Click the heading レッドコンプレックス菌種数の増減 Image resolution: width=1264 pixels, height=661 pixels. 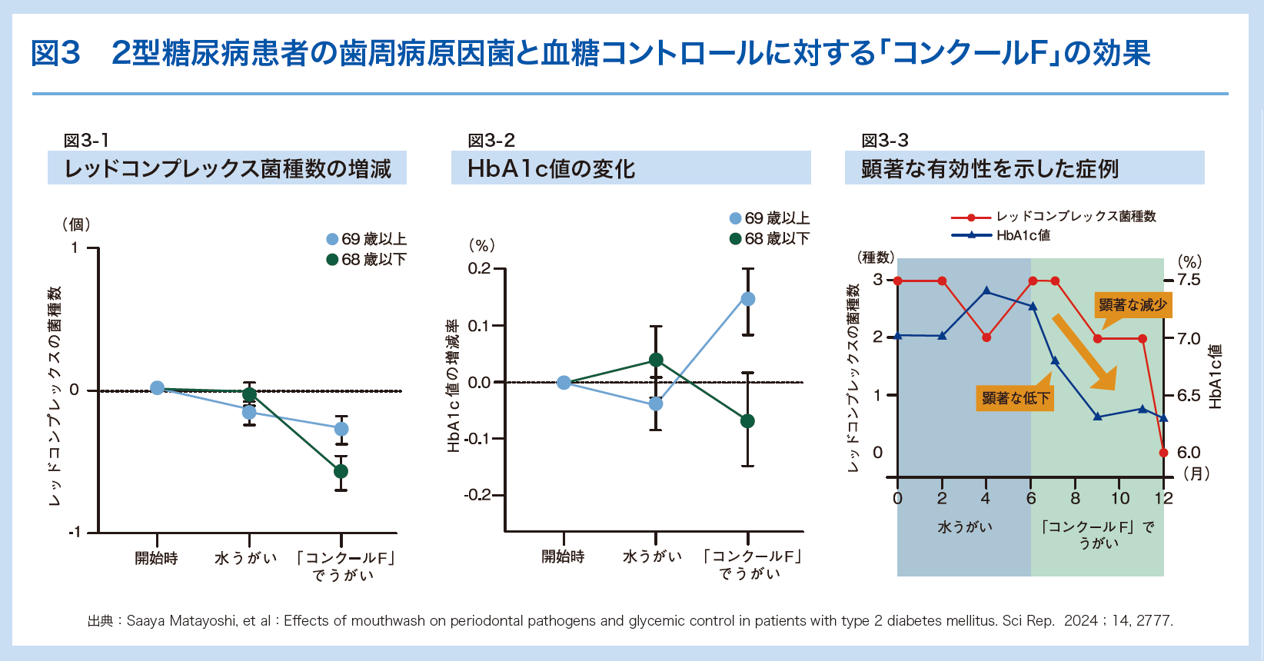(x=228, y=168)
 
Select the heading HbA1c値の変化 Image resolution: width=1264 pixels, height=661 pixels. (x=551, y=168)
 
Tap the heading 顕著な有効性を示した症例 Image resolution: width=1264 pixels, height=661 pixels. (x=990, y=168)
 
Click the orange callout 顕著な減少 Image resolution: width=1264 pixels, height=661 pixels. (x=1133, y=305)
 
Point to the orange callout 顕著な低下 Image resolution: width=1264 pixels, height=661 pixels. (x=1015, y=398)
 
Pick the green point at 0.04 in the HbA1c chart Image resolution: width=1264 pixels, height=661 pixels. (x=656, y=360)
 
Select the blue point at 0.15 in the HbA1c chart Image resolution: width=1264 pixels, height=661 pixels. (x=747, y=299)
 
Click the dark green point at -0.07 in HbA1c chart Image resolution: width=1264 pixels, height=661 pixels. (x=747, y=421)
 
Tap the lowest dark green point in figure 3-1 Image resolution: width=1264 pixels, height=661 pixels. (x=341, y=471)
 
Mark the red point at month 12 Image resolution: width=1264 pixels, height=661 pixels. (x=1163, y=453)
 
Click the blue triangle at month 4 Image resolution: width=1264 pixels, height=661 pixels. (x=986, y=291)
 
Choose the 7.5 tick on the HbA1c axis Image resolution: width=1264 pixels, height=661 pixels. (x=1188, y=280)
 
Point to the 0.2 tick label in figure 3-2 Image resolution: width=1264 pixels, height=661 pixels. (x=479, y=268)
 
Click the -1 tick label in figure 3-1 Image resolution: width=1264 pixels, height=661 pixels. (x=74, y=533)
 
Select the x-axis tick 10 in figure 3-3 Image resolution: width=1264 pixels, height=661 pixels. (x=1120, y=498)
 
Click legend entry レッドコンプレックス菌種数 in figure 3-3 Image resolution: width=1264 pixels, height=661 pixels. (x=1076, y=217)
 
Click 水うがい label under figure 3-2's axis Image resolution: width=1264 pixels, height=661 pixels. (x=653, y=556)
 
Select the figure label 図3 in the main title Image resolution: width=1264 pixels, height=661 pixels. (x=56, y=53)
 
